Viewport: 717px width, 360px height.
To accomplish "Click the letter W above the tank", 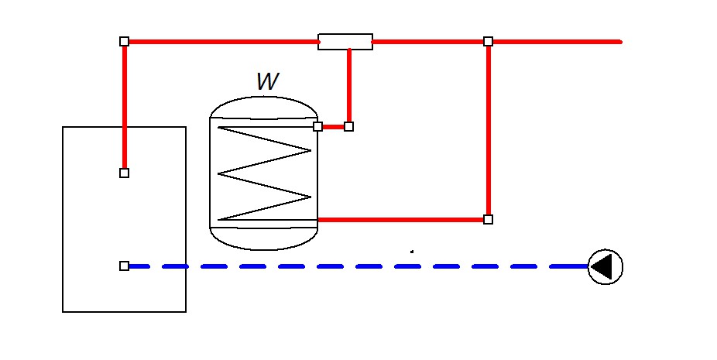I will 267,81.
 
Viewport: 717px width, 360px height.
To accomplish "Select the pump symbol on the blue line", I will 606,267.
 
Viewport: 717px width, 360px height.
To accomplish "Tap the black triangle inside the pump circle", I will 608,267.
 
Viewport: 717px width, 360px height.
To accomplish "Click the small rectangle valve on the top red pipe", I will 345,42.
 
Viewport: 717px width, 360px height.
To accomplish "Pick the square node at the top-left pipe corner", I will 124,41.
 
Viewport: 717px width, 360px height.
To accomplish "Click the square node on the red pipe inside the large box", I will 124,173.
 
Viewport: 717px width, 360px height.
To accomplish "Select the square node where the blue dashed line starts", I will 124,266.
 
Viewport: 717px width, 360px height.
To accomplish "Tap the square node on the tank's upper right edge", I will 317,126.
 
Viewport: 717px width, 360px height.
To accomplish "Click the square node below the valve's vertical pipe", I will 348,126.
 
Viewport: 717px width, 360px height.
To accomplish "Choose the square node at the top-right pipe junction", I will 488,41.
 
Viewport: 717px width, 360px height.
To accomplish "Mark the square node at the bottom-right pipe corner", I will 488,219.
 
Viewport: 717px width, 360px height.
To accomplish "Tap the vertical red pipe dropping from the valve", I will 349,85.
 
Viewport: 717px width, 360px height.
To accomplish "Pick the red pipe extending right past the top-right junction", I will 557,41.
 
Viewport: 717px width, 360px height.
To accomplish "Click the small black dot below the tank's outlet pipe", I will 412,251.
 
